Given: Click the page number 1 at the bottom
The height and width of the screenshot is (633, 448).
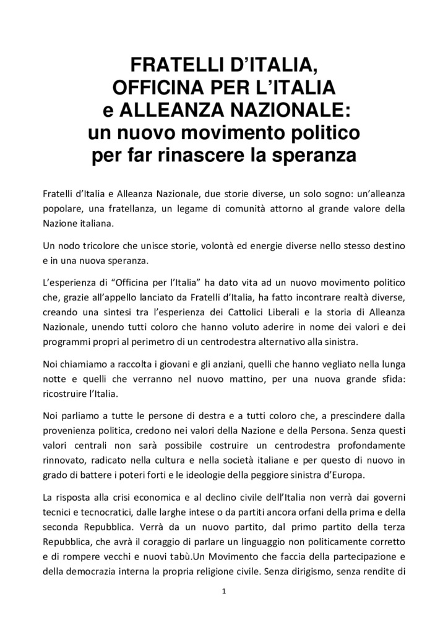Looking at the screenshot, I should (224, 592).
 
